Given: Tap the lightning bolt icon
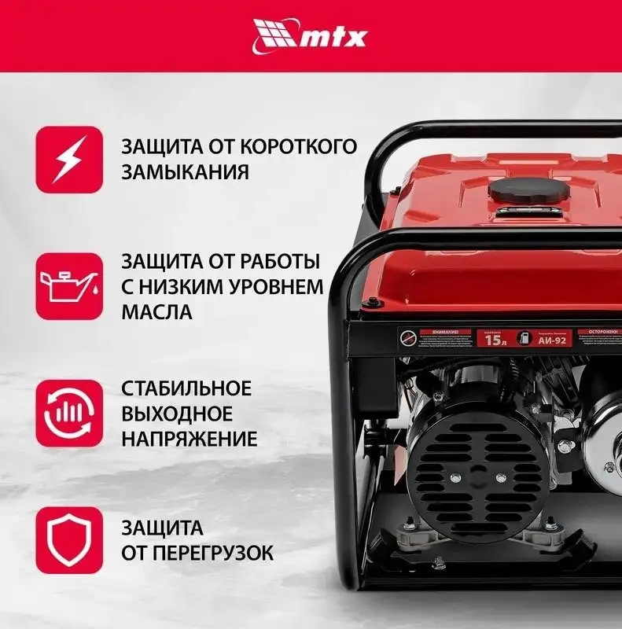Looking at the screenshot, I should [x=69, y=160].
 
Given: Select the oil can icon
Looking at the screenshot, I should [x=69, y=286].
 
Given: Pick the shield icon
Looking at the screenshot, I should [x=69, y=539].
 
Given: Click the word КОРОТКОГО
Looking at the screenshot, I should [x=296, y=147].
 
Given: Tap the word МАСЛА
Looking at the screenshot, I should [x=156, y=311].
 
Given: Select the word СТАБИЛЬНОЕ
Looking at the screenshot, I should [x=186, y=388].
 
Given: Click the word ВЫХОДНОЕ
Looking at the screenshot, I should [x=177, y=413].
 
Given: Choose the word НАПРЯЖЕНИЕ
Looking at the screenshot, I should [x=190, y=439].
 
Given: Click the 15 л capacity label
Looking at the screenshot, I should [x=494, y=340].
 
